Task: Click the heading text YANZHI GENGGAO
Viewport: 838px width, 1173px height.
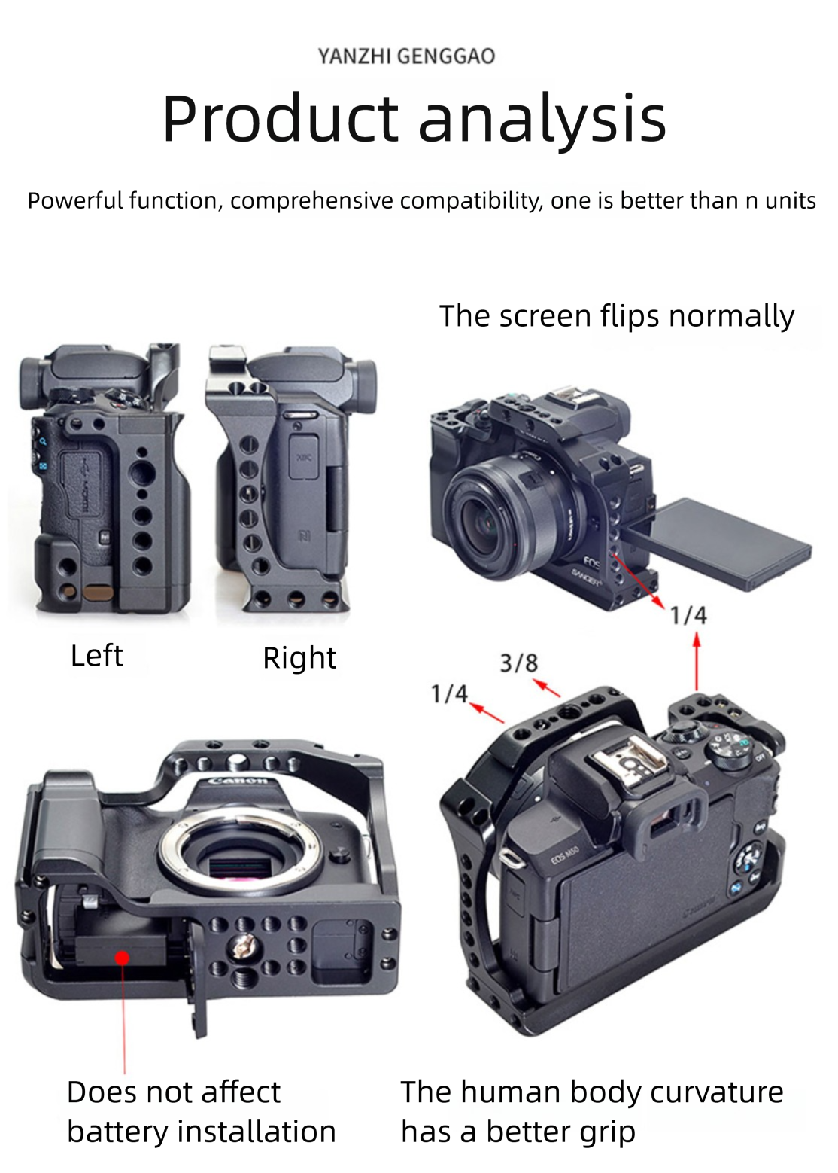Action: (406, 56)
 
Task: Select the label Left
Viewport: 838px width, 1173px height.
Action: (97, 656)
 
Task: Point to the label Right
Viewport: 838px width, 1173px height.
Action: (299, 658)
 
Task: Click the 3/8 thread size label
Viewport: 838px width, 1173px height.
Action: (518, 663)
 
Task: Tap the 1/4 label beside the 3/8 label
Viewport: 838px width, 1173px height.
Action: (449, 694)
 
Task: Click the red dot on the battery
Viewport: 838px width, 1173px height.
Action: (122, 958)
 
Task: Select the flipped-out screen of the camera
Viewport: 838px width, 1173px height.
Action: (723, 544)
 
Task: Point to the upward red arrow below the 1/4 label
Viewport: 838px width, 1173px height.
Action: (697, 661)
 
